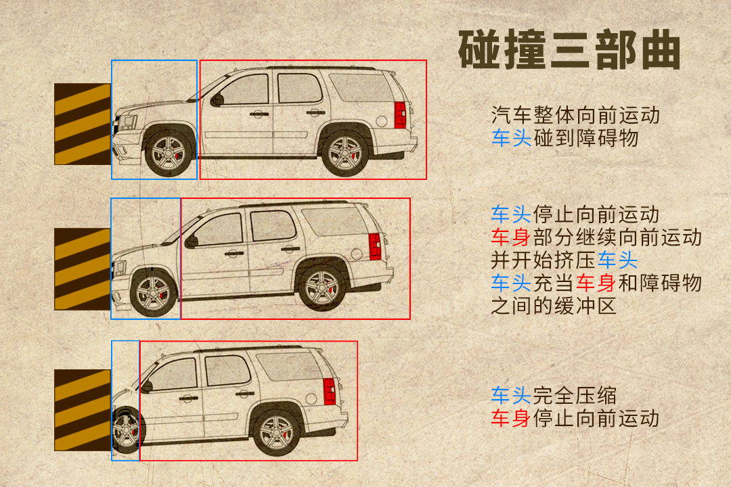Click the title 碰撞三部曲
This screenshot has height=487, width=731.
pyautogui.click(x=569, y=50)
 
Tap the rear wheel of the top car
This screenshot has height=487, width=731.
pyautogui.click(x=345, y=154)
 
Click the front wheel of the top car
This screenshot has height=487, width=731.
pyautogui.click(x=169, y=154)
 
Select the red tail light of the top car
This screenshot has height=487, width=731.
pyautogui.click(x=401, y=114)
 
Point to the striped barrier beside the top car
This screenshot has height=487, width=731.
pyautogui.click(x=83, y=124)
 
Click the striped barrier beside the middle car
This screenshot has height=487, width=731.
pyautogui.click(x=83, y=269)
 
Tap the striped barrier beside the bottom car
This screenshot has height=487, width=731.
pyautogui.click(x=83, y=410)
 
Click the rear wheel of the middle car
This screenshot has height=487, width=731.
pyautogui.click(x=322, y=288)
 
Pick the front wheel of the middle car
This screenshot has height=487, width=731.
pyautogui.click(x=153, y=294)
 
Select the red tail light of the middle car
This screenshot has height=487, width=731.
pyautogui.click(x=375, y=246)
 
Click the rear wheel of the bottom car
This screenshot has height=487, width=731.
pyautogui.click(x=277, y=434)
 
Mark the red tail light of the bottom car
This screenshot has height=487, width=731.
pyautogui.click(x=330, y=392)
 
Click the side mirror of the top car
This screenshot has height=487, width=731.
pyautogui.click(x=217, y=99)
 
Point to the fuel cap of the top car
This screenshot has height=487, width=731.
pyautogui.click(x=381, y=122)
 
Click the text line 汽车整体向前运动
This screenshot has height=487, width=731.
pyautogui.click(x=575, y=115)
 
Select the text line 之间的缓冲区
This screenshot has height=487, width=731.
pyautogui.click(x=554, y=306)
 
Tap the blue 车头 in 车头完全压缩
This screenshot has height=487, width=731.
pyautogui.click(x=511, y=396)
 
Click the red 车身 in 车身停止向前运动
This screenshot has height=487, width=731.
pyautogui.click(x=511, y=419)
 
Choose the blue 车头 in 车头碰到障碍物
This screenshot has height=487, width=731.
pyautogui.click(x=511, y=138)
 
